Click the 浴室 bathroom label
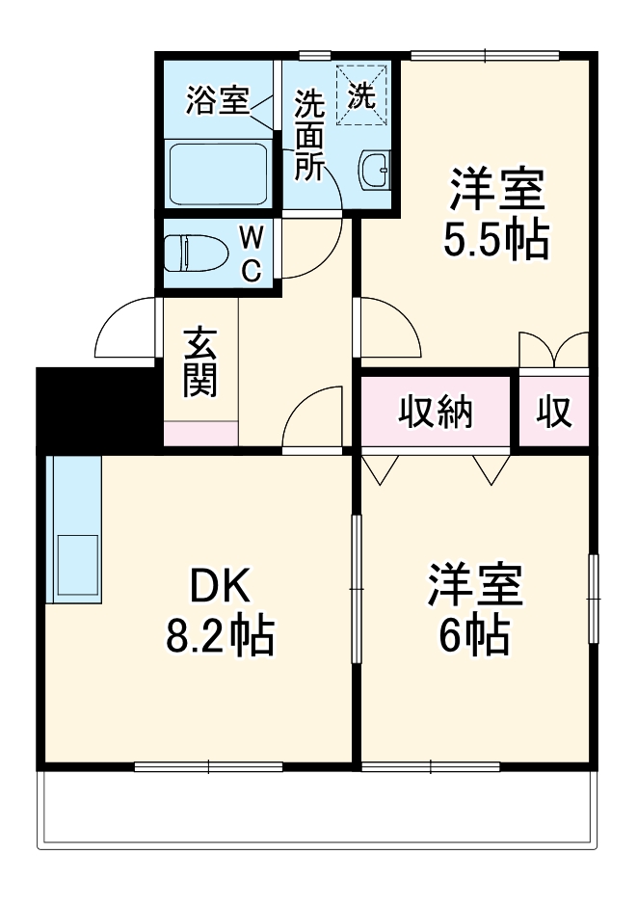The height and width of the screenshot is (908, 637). tap(218, 101)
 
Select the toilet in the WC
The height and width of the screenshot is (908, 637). tap(196, 254)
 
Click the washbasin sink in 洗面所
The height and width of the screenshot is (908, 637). tap(375, 172)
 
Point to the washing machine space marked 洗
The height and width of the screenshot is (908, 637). tap(361, 94)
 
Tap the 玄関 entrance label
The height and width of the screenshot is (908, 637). tap(200, 362)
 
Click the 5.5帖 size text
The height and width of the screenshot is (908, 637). tap(496, 241)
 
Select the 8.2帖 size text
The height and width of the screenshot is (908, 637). tap(220, 636)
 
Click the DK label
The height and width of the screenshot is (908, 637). tap(220, 585)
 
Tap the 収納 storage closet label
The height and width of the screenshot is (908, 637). tap(437, 413)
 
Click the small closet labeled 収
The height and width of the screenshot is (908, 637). tap(554, 413)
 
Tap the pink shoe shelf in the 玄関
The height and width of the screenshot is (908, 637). tap(200, 433)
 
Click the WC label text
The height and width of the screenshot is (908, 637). tap(250, 253)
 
